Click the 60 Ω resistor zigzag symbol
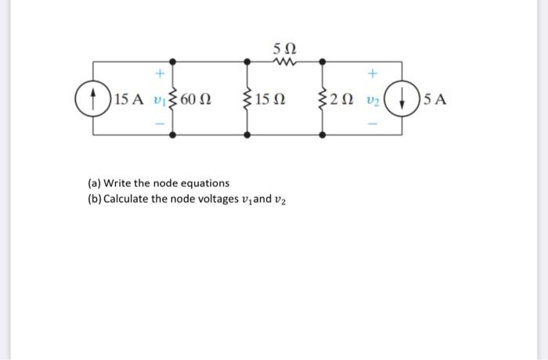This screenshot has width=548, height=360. [x=174, y=99]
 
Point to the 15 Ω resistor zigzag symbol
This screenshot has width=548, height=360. [x=248, y=99]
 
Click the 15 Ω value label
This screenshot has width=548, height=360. [x=272, y=99]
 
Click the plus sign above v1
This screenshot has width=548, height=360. [x=159, y=74]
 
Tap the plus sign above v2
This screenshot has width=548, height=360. [x=373, y=74]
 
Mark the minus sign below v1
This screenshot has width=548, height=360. [x=159, y=124]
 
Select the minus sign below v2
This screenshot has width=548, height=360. [x=373, y=124]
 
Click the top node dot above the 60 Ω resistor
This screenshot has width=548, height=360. [x=174, y=61]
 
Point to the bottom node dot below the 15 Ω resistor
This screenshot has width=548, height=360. [x=248, y=135]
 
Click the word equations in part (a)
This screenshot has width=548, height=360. [x=203, y=182]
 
